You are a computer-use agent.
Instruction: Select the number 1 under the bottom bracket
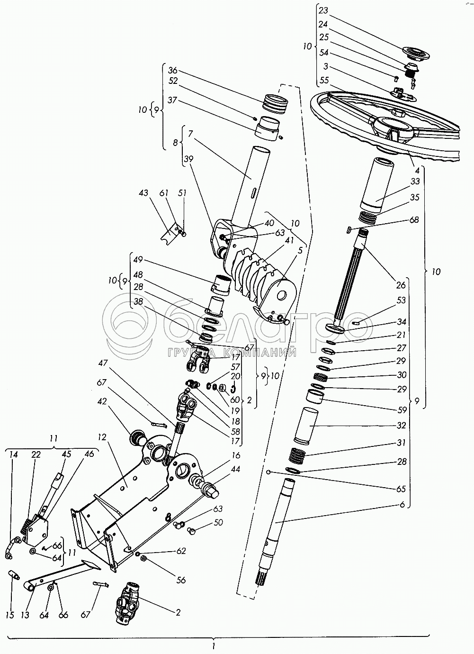[x=214, y=645]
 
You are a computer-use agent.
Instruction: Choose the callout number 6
[x=402, y=505]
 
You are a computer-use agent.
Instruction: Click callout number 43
[x=143, y=193]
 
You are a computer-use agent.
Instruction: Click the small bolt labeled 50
[x=192, y=532]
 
